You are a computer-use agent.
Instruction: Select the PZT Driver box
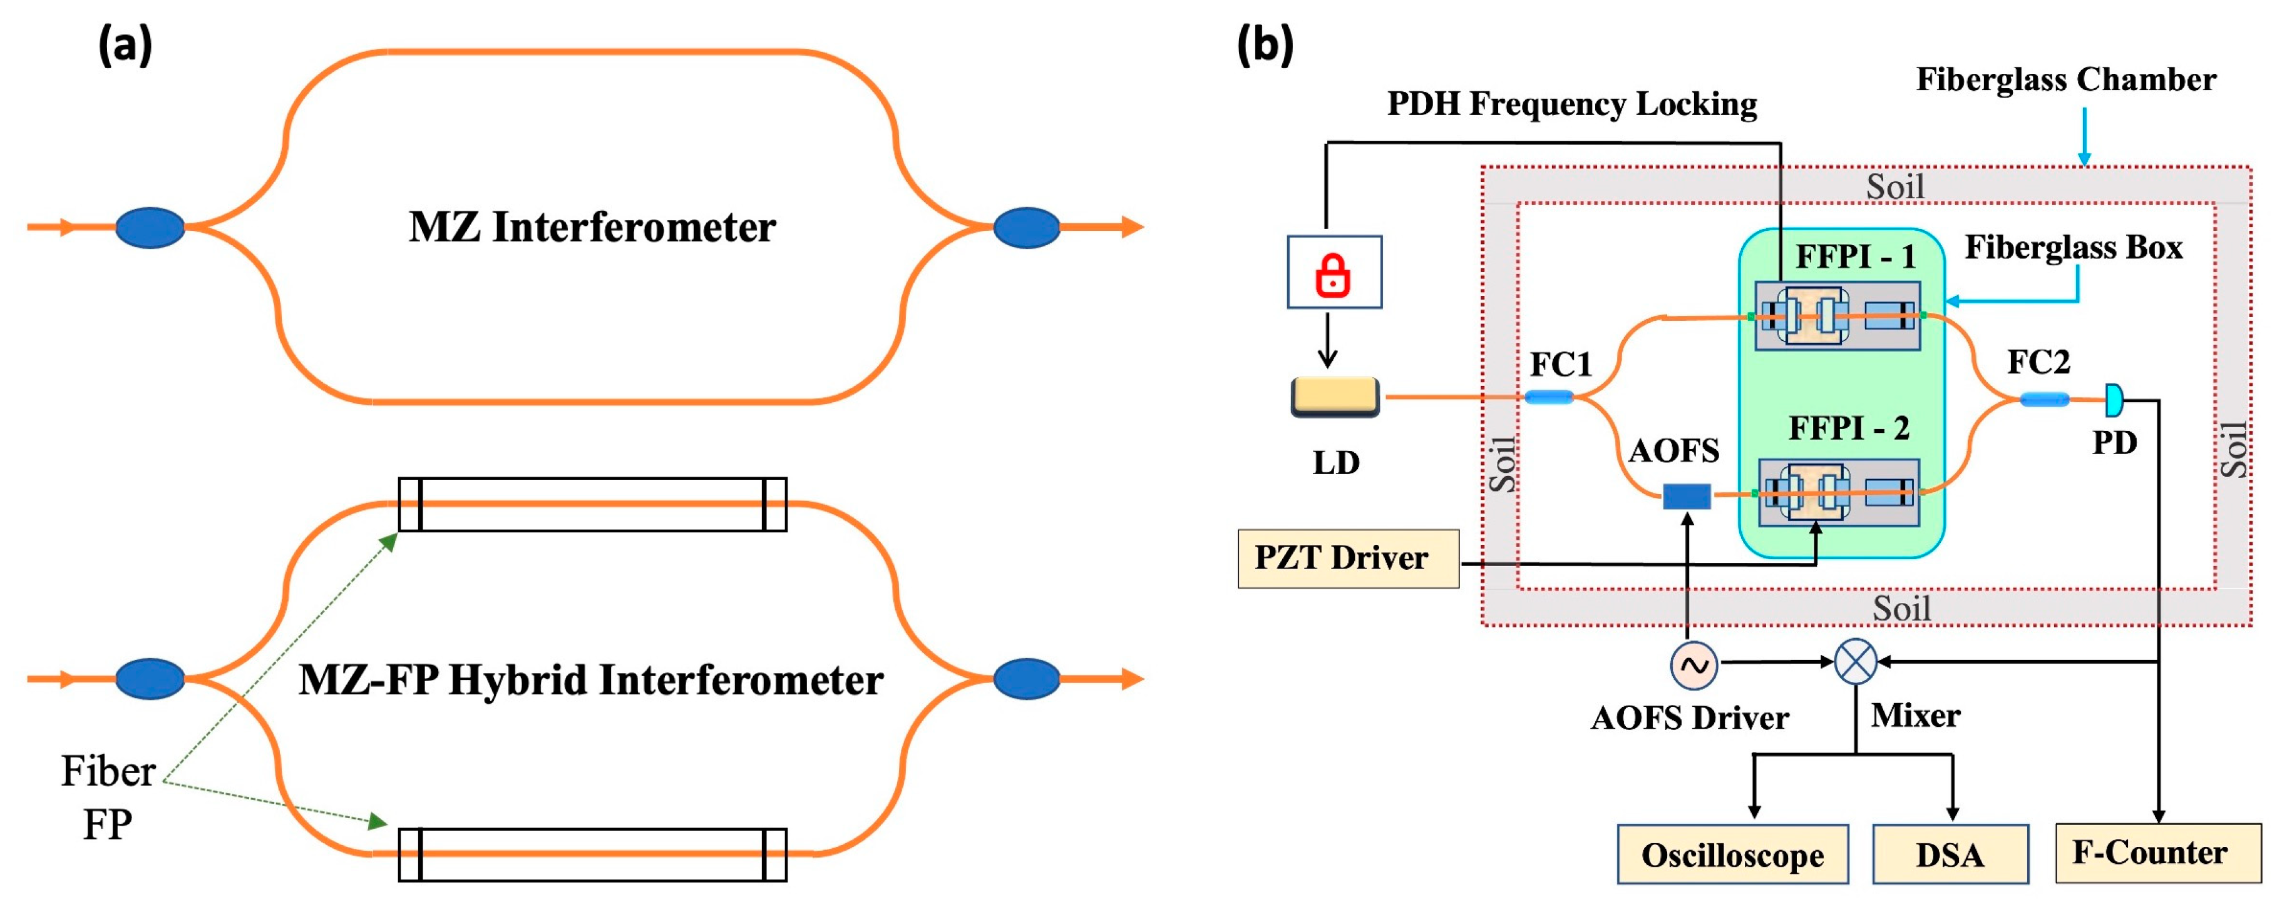(x=1347, y=559)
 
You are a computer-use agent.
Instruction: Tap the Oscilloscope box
(x=1732, y=854)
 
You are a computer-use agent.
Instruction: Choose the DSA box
(x=1950, y=854)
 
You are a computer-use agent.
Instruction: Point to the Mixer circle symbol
(x=1855, y=661)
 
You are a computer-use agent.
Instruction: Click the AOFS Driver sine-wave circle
(x=1694, y=664)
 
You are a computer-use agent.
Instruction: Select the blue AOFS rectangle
(x=1686, y=496)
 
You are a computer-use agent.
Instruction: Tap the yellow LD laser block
(x=1335, y=396)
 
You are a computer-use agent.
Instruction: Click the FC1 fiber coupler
(x=1548, y=398)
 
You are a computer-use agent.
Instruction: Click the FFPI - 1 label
(x=1855, y=257)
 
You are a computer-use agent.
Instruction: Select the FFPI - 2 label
(x=1849, y=428)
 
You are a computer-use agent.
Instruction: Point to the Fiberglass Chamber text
(x=2066, y=79)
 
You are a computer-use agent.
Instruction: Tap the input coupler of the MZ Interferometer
(x=150, y=228)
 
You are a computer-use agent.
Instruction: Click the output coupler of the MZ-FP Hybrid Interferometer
(x=1026, y=679)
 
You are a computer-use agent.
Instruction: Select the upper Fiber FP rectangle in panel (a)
(x=592, y=505)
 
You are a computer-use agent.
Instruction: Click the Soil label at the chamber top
(x=1895, y=187)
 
